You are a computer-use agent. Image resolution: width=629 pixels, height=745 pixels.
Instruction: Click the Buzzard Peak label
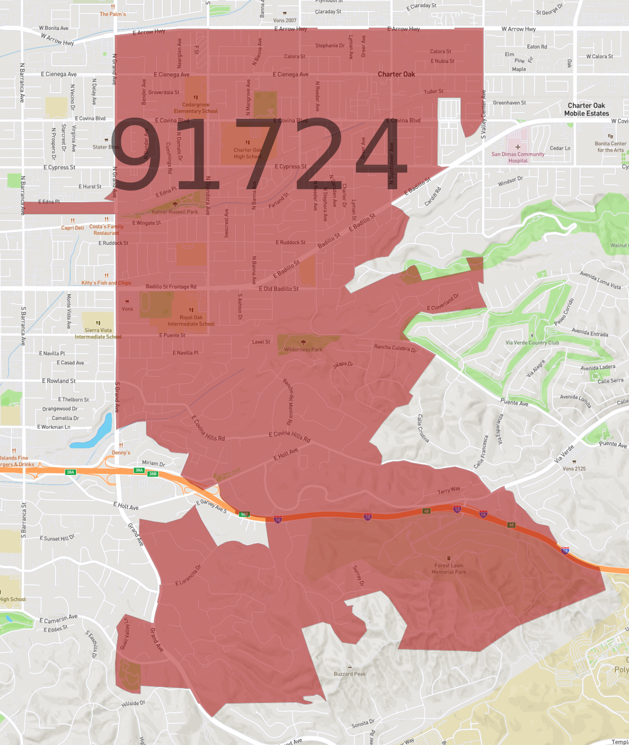(x=350, y=674)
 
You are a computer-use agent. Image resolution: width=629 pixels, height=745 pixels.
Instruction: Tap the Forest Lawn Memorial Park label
(x=449, y=569)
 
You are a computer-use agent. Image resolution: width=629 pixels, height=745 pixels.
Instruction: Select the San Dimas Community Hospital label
(x=518, y=157)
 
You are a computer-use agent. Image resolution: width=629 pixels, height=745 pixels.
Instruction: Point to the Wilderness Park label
(x=303, y=349)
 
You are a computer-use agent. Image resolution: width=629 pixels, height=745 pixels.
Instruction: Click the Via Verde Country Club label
(x=532, y=342)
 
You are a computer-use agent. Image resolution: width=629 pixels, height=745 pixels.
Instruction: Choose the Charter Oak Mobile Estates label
(x=586, y=109)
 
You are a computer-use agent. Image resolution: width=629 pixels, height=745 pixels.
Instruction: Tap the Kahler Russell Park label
(x=175, y=212)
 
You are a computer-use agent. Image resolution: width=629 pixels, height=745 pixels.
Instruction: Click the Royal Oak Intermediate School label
(x=191, y=320)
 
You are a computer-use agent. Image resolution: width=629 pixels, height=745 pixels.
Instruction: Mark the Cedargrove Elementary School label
(x=196, y=108)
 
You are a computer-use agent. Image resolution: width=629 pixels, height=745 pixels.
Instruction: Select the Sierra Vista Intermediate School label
(x=98, y=333)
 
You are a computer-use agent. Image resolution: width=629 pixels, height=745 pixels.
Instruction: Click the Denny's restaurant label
(x=121, y=452)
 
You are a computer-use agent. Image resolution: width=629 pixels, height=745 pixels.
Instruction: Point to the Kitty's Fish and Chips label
(x=106, y=282)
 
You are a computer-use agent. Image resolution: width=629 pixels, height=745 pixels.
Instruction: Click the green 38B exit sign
(x=153, y=474)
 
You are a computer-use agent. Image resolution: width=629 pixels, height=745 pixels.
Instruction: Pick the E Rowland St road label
(x=59, y=381)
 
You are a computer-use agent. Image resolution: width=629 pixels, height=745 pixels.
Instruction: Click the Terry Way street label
(x=449, y=490)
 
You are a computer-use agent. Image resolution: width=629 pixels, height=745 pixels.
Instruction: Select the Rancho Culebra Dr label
(x=395, y=348)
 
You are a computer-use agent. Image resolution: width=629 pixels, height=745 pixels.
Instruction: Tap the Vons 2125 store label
(x=574, y=468)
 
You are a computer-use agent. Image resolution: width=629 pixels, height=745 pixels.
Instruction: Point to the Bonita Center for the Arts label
(x=610, y=146)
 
